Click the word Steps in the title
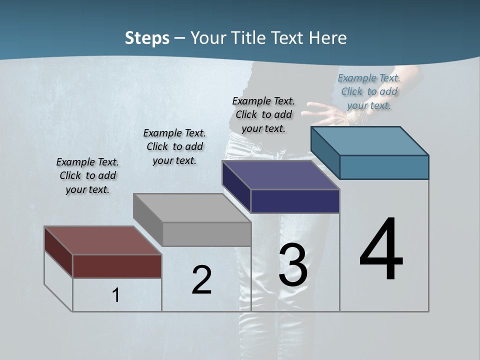pyautogui.click(x=147, y=38)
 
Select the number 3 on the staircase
pyautogui.click(x=292, y=264)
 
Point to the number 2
pyautogui.click(x=201, y=279)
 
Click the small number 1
pyautogui.click(x=116, y=295)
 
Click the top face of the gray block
pyautogui.click(x=192, y=208)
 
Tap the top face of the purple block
pyautogui.click(x=280, y=175)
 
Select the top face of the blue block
pyautogui.click(x=370, y=140)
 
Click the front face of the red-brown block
pyautogui.click(x=117, y=266)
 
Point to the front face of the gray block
pyautogui.click(x=206, y=234)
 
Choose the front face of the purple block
pyautogui.click(x=295, y=201)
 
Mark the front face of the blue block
pyautogui.click(x=384, y=167)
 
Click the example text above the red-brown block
pyautogui.click(x=87, y=175)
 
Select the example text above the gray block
pyautogui.click(x=174, y=146)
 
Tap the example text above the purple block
pyautogui.click(x=263, y=114)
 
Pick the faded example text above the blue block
pyautogui.click(x=369, y=91)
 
